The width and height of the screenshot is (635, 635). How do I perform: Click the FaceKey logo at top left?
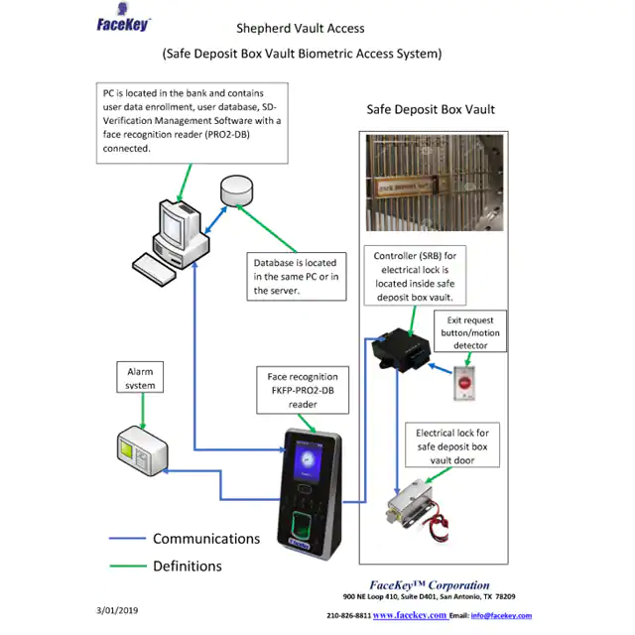coord(124,24)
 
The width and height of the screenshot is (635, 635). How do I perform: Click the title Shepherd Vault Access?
coord(301,29)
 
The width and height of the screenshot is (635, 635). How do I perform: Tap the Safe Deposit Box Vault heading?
coord(431,109)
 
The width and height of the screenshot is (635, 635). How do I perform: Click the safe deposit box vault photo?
coord(430,183)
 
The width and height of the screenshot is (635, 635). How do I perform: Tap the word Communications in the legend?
coord(206,539)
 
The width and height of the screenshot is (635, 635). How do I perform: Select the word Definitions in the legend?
coord(188,567)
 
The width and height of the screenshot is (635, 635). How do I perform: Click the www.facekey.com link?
coord(409,615)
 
